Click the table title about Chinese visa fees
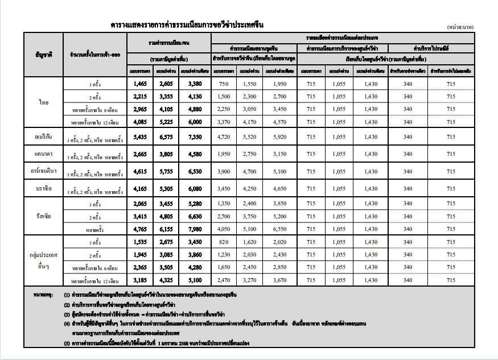tap(187, 25)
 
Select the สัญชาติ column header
tap(44, 55)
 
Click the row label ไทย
tap(44, 102)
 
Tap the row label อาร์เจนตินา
tap(44, 171)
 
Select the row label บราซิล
tap(44, 188)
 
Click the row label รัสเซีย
tap(44, 215)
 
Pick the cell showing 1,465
tap(141, 84)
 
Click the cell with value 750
tap(224, 84)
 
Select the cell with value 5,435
tap(141, 137)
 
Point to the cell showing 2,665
tap(141, 154)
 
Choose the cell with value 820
tap(224, 242)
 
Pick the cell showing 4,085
tap(141, 121)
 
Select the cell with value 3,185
tap(141, 280)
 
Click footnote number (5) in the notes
tap(67, 344)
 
